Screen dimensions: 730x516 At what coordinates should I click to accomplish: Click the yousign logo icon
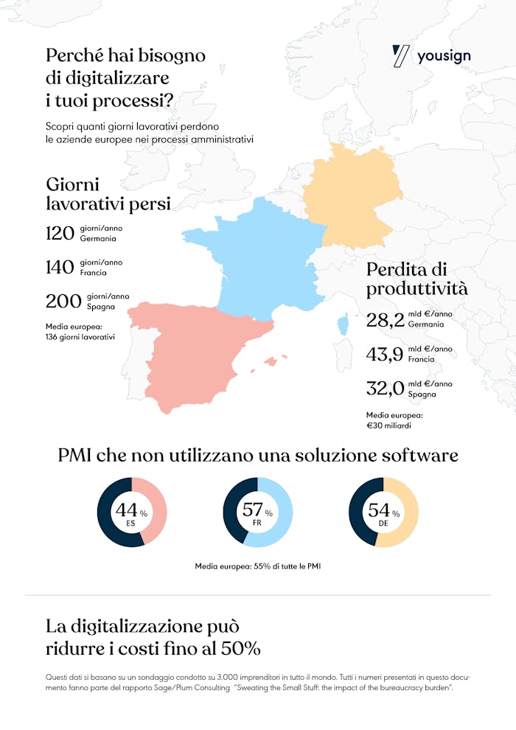tap(401, 56)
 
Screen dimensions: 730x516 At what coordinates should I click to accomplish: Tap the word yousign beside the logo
tap(444, 57)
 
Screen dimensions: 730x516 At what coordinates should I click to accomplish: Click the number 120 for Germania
tap(60, 234)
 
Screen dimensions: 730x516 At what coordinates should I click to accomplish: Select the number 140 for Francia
tap(60, 267)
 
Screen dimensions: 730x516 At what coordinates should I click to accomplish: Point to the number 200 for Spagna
tap(63, 301)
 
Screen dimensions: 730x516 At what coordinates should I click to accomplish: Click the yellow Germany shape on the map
tap(352, 195)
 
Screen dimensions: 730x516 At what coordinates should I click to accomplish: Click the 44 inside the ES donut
tap(126, 510)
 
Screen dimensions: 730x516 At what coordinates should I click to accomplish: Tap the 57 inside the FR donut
tap(252, 510)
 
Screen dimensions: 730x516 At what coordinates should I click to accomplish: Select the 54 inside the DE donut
tap(378, 510)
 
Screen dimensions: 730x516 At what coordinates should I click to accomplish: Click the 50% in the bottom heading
tap(238, 650)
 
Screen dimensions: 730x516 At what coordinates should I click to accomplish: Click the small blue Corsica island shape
tap(342, 324)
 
